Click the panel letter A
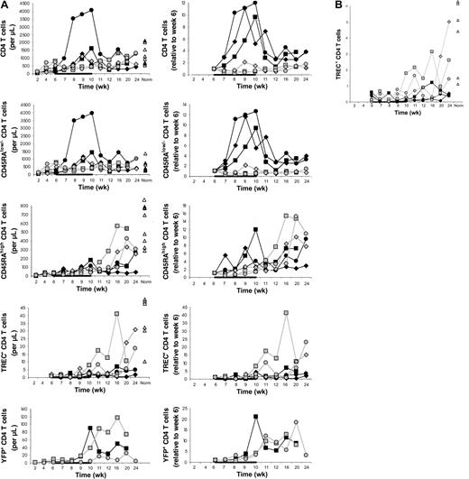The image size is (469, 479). [5, 5]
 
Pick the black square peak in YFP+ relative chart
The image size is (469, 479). [256, 417]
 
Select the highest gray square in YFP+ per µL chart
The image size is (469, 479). [116, 418]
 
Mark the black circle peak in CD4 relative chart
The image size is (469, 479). [256, 4]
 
